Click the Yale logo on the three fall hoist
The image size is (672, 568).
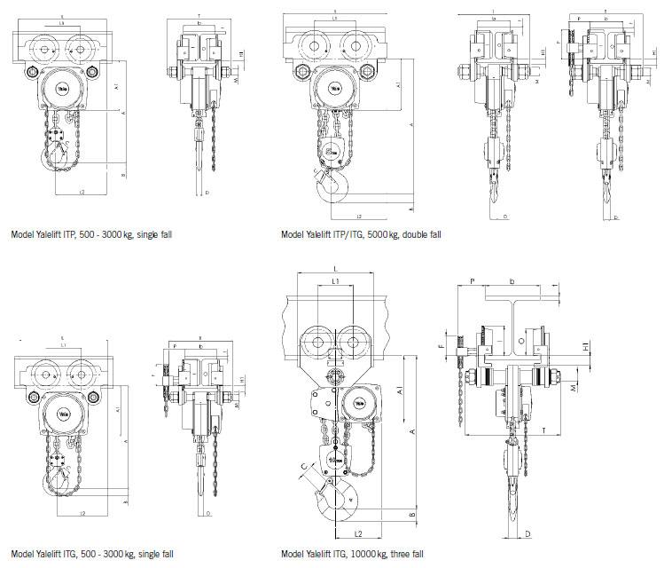[x=360, y=404]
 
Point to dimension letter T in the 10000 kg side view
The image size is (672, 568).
[x=542, y=429]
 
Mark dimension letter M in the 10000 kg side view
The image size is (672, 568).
[x=577, y=389]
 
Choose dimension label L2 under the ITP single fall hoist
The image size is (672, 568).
[x=82, y=192]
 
